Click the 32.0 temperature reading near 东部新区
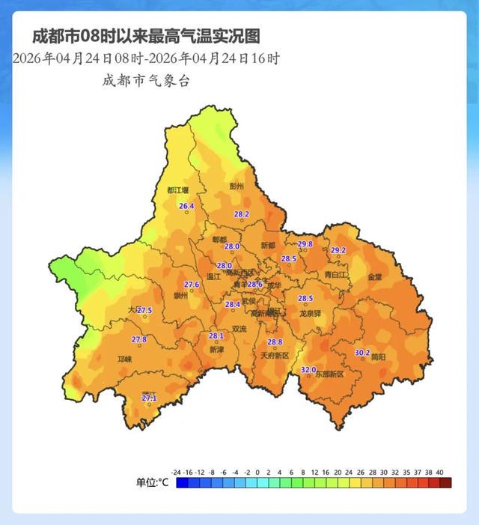308,370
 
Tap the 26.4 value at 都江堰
186,206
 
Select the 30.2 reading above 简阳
362,353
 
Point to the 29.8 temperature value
305,244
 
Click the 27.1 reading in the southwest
149,398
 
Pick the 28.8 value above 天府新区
275,342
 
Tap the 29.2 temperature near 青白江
338,250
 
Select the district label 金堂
374,276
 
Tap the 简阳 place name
379,358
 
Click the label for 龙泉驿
310,313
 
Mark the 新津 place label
216,349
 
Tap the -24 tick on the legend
177,472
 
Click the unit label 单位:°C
152,483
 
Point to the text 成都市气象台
146,81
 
